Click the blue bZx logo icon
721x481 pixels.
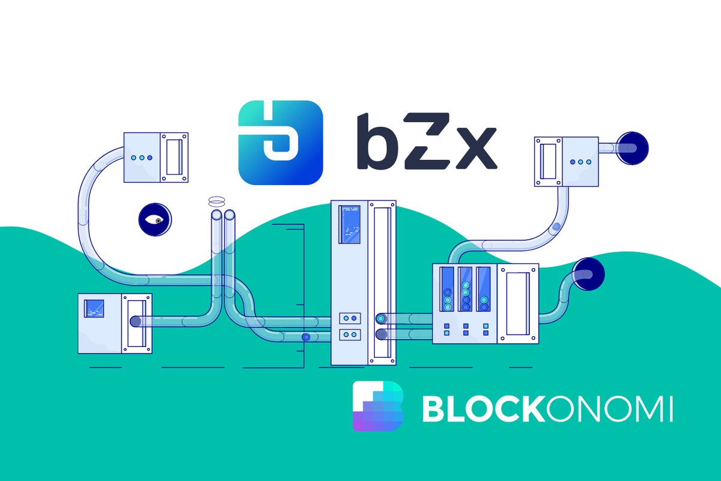click(x=281, y=142)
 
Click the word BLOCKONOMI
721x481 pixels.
click(x=547, y=409)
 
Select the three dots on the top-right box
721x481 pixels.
click(x=580, y=161)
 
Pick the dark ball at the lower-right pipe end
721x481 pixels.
click(x=589, y=274)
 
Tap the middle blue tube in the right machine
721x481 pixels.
click(x=465, y=289)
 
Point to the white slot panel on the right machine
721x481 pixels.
click(x=517, y=303)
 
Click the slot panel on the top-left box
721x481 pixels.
click(x=174, y=157)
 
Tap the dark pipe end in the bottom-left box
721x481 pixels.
click(x=136, y=321)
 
